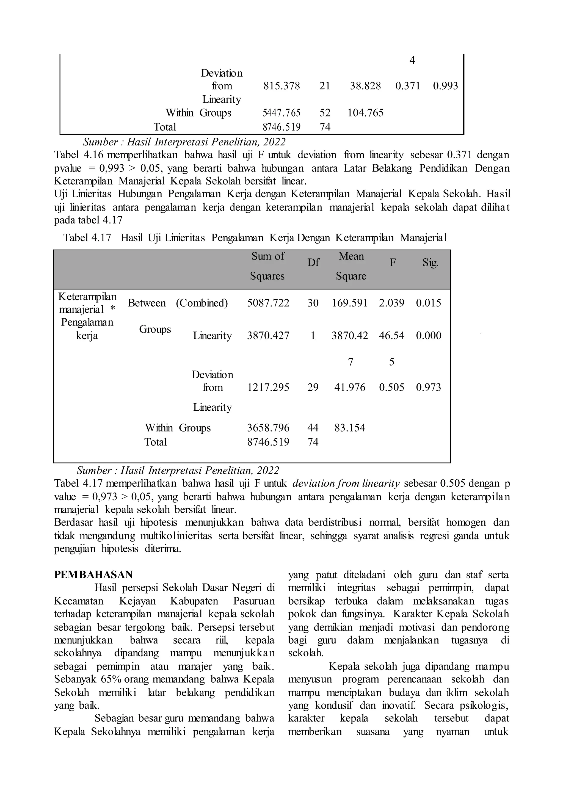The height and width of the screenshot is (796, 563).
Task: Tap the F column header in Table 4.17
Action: click(393, 263)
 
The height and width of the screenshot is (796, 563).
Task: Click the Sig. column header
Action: click(430, 263)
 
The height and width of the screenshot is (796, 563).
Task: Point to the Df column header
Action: click(313, 263)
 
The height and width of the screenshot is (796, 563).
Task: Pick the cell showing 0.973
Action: click(429, 388)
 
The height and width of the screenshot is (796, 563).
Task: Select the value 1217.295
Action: click(268, 388)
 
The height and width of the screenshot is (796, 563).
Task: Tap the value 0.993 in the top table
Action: click(445, 86)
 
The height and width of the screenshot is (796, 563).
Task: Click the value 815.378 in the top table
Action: click(281, 86)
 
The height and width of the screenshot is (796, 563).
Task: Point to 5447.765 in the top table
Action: click(281, 113)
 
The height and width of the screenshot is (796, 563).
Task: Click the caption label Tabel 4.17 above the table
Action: click(87, 238)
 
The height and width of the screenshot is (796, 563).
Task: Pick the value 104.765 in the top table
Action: click(365, 113)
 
